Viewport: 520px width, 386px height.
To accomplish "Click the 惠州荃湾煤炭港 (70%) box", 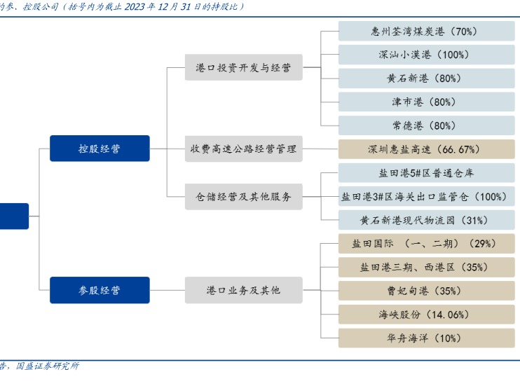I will [x=426, y=32].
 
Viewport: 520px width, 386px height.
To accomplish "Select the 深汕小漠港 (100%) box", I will [x=426, y=55].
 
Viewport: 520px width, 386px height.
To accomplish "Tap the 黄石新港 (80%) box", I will [x=426, y=78].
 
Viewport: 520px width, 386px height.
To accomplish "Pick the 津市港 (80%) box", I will [x=426, y=102].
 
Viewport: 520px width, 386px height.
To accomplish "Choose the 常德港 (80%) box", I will [x=426, y=126].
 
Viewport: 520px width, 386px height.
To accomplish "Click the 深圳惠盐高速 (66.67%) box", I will [x=426, y=149].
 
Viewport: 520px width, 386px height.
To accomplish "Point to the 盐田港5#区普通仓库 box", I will [x=426, y=173].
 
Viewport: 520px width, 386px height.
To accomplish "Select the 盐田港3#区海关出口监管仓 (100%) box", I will [x=426, y=197].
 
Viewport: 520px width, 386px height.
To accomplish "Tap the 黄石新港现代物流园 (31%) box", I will [x=426, y=221].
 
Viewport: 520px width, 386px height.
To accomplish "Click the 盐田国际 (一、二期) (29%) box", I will [x=426, y=244].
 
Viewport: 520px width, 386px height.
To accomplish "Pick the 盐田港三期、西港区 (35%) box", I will [x=426, y=268].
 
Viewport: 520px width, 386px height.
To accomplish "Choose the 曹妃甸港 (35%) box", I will [x=426, y=291].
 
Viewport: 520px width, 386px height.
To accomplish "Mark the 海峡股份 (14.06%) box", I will [x=426, y=315].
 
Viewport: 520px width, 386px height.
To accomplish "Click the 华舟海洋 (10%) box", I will [x=426, y=338].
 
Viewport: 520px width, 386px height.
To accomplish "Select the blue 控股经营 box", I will [x=100, y=149].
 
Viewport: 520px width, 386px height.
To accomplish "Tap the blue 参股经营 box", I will [x=100, y=290].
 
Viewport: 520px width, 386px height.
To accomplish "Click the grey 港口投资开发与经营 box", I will [x=244, y=68].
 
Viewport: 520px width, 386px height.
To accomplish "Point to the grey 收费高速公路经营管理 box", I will [x=244, y=149].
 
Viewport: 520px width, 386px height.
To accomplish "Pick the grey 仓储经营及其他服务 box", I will [x=244, y=197].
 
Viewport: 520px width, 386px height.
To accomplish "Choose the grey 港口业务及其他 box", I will [x=244, y=290].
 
